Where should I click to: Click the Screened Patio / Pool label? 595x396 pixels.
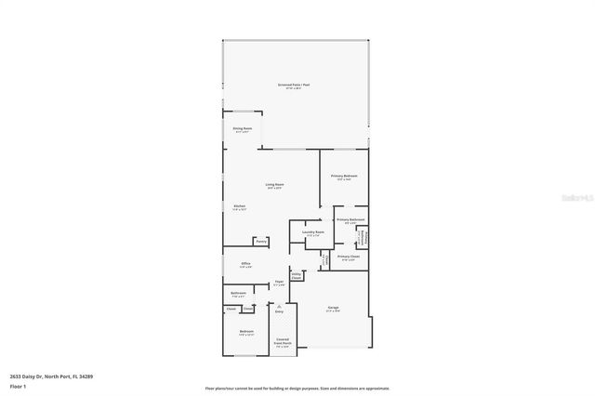point(293,85)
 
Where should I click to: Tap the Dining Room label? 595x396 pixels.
point(243,129)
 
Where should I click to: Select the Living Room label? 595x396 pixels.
point(274,185)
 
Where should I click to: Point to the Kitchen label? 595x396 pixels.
point(239,206)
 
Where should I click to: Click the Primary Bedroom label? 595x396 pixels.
point(344,177)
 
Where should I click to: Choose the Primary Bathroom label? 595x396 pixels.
point(350,220)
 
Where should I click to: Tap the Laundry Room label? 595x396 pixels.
point(313,232)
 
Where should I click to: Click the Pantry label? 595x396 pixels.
point(262,241)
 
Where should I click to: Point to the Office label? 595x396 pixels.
point(246,264)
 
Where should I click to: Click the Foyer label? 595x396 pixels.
point(278,283)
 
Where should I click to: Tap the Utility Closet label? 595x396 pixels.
point(297,275)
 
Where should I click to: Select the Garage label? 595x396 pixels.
point(333,309)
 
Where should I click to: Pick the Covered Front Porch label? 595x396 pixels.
point(283,341)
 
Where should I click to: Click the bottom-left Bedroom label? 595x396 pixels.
point(246,333)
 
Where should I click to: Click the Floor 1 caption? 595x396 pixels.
point(18,386)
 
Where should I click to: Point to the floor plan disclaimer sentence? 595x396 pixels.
point(297,389)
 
